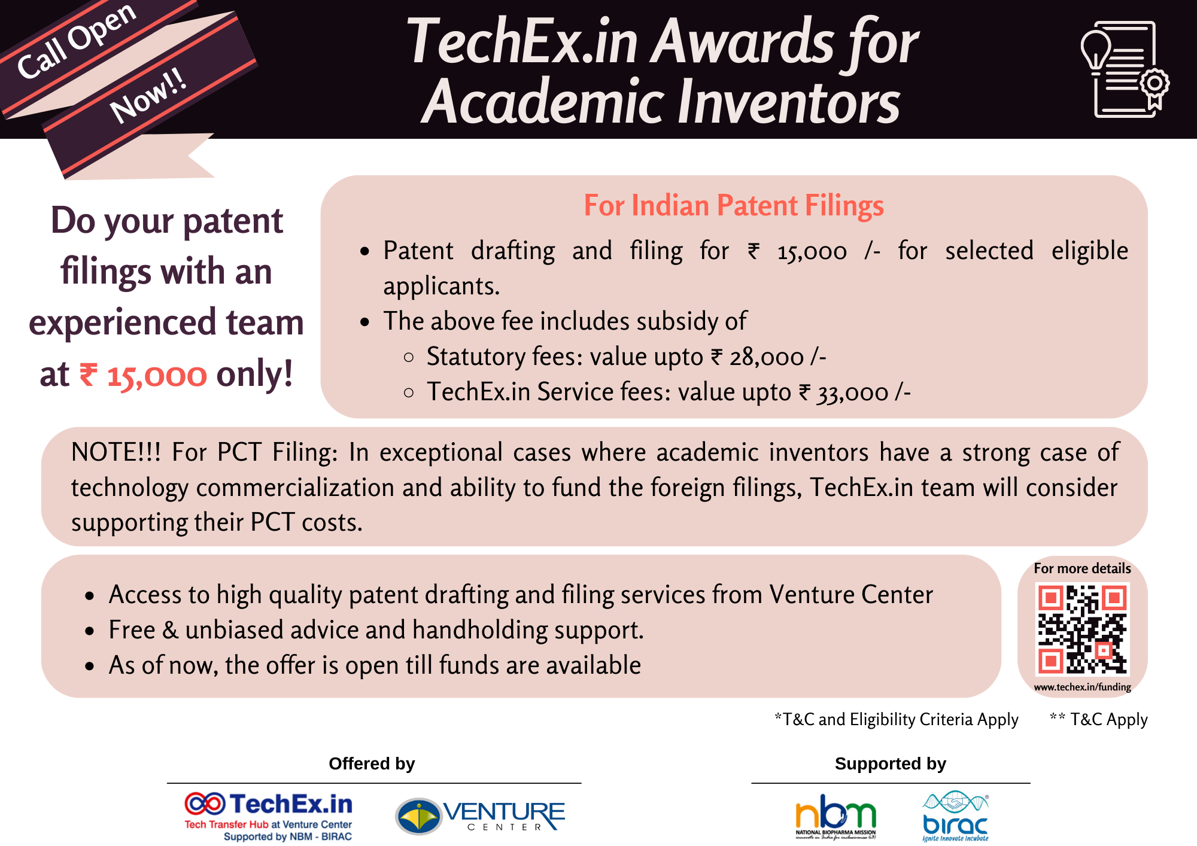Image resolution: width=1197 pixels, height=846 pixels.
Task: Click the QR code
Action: (x=1082, y=629)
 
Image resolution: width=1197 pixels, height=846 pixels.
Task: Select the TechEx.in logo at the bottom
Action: (x=269, y=815)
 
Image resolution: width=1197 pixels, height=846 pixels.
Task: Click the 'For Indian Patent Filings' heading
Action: (x=733, y=206)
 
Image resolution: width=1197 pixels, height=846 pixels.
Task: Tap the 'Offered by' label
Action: (x=372, y=764)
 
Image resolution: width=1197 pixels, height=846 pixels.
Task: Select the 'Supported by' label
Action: (x=890, y=764)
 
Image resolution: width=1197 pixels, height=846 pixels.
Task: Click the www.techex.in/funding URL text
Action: (x=1082, y=687)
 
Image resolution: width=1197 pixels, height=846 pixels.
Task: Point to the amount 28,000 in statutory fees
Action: (x=766, y=358)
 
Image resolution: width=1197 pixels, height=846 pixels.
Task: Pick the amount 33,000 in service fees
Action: (x=852, y=393)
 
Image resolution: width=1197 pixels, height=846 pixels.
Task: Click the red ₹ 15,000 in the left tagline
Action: (x=144, y=376)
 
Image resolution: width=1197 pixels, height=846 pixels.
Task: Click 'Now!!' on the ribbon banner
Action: (x=148, y=96)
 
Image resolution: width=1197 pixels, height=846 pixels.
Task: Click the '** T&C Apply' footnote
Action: (x=1099, y=719)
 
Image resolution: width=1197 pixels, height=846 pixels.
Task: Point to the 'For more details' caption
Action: (x=1082, y=568)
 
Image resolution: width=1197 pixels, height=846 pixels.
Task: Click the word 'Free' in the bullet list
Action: (x=132, y=630)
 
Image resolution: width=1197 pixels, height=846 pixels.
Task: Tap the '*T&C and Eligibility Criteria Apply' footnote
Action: (x=896, y=719)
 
